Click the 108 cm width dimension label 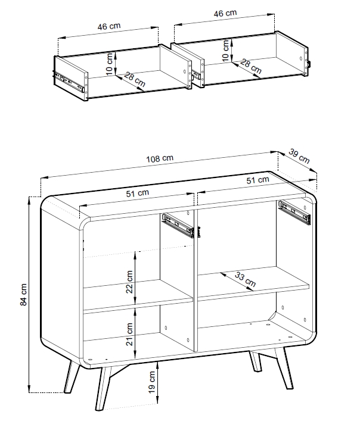pyautogui.click(x=160, y=158)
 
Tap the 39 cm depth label pyautogui.click(x=299, y=156)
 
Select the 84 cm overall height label pyautogui.click(x=24, y=294)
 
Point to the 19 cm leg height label pyautogui.click(x=152, y=382)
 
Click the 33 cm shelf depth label pyautogui.click(x=245, y=279)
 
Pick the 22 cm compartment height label pyautogui.click(x=129, y=282)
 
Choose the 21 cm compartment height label pyautogui.click(x=129, y=334)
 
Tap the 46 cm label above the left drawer pyautogui.click(x=109, y=26)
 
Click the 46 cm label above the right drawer pyautogui.click(x=225, y=14)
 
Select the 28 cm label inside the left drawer pyautogui.click(x=135, y=80)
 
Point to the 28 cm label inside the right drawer pyautogui.click(x=251, y=67)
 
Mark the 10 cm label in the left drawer pyautogui.click(x=109, y=64)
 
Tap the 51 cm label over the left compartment pyautogui.click(x=137, y=194)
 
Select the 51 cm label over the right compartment pyautogui.click(x=257, y=180)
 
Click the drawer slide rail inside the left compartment pyautogui.click(x=178, y=225)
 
